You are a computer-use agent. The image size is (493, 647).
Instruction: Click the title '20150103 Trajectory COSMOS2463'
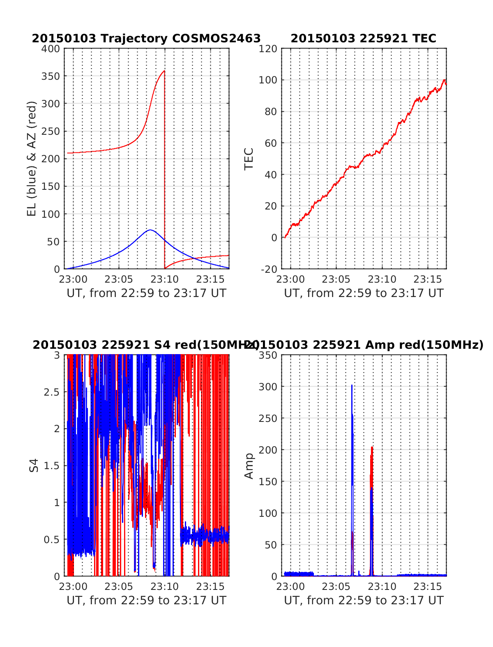[x=146, y=38]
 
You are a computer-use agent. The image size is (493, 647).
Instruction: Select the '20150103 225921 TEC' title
[x=364, y=38]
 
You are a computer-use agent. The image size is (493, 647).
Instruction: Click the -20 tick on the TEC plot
[x=269, y=269]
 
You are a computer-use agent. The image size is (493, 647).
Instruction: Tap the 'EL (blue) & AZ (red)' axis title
[x=32, y=159]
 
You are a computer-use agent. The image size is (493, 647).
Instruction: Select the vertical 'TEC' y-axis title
[x=249, y=159]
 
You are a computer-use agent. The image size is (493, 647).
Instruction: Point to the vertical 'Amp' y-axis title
[x=249, y=465]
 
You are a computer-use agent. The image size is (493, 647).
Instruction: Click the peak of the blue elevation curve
[x=150, y=230]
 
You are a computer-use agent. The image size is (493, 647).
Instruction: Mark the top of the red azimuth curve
[x=164, y=71]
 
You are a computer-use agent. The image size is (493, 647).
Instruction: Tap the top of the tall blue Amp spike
[x=352, y=385]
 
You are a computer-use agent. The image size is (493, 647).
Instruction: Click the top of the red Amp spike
[x=372, y=447]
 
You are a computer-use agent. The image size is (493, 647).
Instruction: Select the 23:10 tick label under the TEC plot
[x=382, y=280]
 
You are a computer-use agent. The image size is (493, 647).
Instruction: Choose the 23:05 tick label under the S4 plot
[x=119, y=587]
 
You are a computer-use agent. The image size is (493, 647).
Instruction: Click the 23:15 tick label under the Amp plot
[x=428, y=587]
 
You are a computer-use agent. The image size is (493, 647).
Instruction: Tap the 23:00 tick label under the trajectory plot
[x=73, y=280]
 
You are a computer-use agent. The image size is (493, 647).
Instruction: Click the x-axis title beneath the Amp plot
[x=364, y=601]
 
